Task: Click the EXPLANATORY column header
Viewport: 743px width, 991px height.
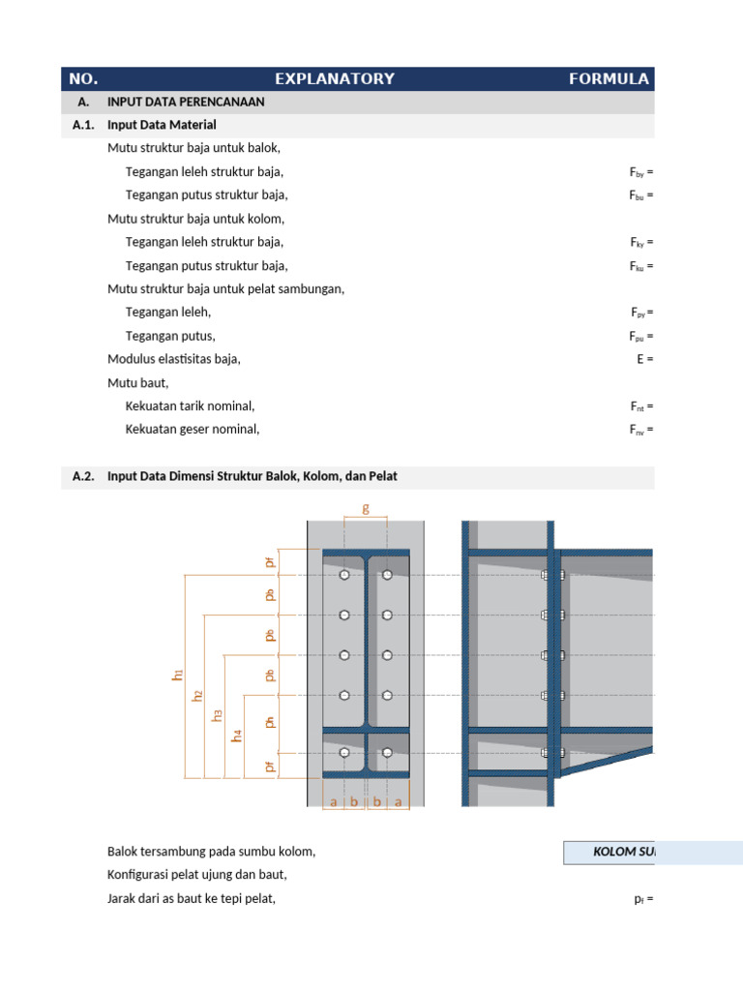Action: [335, 78]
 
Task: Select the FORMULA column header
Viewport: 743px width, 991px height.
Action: [609, 78]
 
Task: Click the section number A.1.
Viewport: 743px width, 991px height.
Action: [83, 125]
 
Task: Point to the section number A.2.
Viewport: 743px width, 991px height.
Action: [83, 476]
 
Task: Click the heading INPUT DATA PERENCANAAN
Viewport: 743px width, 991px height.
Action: [186, 102]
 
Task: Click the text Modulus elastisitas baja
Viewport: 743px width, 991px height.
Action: [173, 359]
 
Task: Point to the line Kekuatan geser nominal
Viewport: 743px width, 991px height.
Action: [193, 430]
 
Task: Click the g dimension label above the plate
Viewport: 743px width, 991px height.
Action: [366, 507]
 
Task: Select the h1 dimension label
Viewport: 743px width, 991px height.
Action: [178, 675]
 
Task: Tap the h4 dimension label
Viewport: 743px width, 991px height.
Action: [238, 736]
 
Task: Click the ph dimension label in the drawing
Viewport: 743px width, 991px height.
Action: [271, 721]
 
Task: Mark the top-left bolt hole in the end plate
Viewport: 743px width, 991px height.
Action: [344, 575]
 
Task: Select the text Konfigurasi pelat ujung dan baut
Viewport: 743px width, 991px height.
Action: [197, 875]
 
